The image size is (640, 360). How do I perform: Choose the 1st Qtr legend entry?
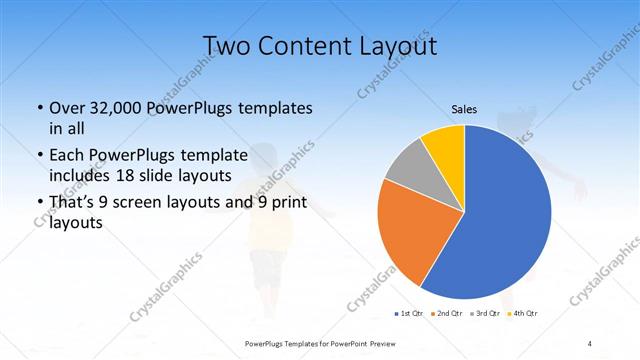[x=408, y=314]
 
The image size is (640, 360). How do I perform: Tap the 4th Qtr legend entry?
[x=526, y=314]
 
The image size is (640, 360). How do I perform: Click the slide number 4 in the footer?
[x=590, y=343]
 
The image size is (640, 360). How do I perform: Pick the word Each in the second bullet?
[x=66, y=155]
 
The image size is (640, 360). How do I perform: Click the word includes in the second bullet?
[x=79, y=175]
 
